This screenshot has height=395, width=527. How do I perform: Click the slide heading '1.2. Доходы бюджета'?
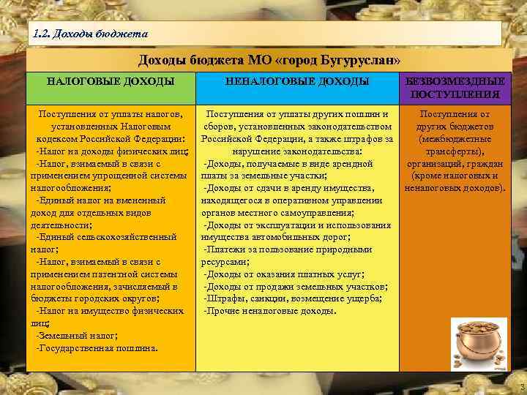91,34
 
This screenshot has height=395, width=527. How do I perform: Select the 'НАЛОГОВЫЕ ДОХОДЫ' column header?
111,81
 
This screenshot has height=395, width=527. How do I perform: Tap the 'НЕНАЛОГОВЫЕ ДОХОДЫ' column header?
296,81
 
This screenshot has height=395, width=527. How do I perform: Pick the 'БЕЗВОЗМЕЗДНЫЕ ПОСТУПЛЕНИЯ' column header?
455,87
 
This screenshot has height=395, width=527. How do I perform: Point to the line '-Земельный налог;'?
75,335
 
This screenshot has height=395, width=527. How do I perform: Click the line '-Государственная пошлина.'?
96,347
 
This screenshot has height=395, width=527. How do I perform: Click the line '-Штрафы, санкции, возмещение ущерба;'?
292,298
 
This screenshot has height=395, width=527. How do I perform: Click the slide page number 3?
520,386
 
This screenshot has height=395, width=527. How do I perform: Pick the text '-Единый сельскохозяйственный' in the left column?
106,236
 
